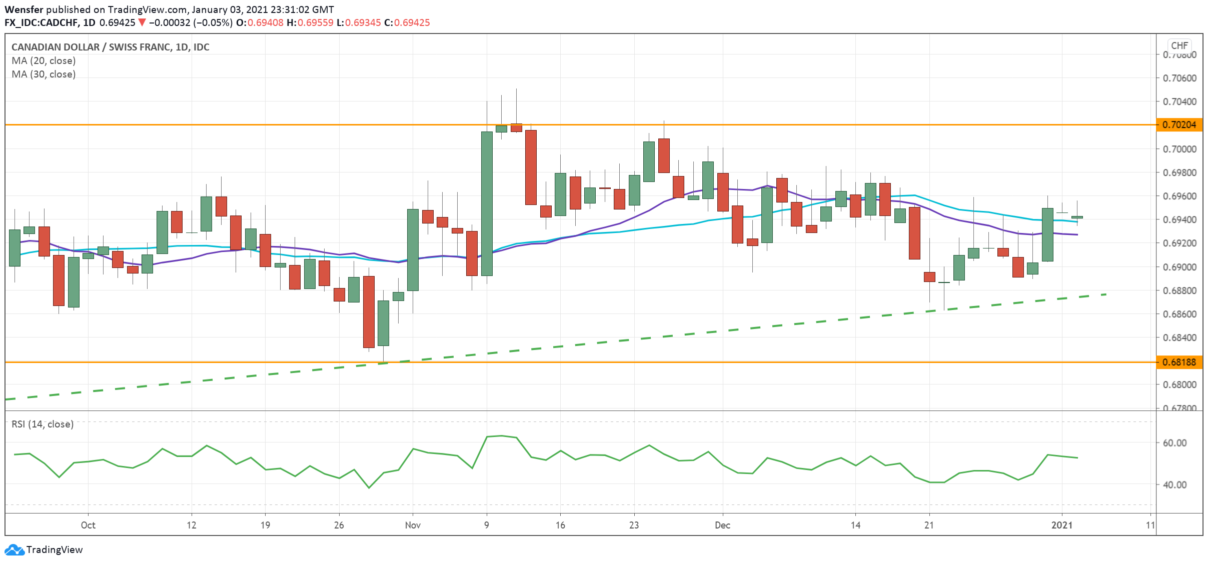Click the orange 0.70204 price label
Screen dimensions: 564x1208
pos(1179,124)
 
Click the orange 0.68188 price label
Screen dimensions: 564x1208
pos(1179,362)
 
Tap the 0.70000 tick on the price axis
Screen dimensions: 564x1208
pos(1179,149)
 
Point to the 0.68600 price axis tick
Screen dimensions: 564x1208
pos(1179,314)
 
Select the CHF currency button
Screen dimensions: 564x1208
pos(1179,45)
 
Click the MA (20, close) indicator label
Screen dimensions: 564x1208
pos(44,60)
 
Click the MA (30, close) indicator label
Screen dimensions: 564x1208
pos(44,74)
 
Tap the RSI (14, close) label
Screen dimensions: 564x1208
pos(43,424)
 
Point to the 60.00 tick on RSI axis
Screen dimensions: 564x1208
pos(1174,442)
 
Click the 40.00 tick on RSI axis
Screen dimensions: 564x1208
pos(1174,484)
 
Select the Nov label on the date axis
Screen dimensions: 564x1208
pos(413,525)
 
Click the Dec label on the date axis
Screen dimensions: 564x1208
pos(722,525)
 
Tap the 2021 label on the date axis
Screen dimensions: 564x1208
pos(1061,525)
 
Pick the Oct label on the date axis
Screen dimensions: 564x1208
pos(88,525)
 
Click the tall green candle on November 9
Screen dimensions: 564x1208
pos(487,203)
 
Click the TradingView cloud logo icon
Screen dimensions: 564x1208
pos(14,549)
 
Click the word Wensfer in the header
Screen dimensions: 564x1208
pos(24,9)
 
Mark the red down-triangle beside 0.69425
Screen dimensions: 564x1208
pos(142,22)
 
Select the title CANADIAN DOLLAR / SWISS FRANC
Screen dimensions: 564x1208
pos(91,47)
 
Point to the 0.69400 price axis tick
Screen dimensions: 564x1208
pos(1179,219)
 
